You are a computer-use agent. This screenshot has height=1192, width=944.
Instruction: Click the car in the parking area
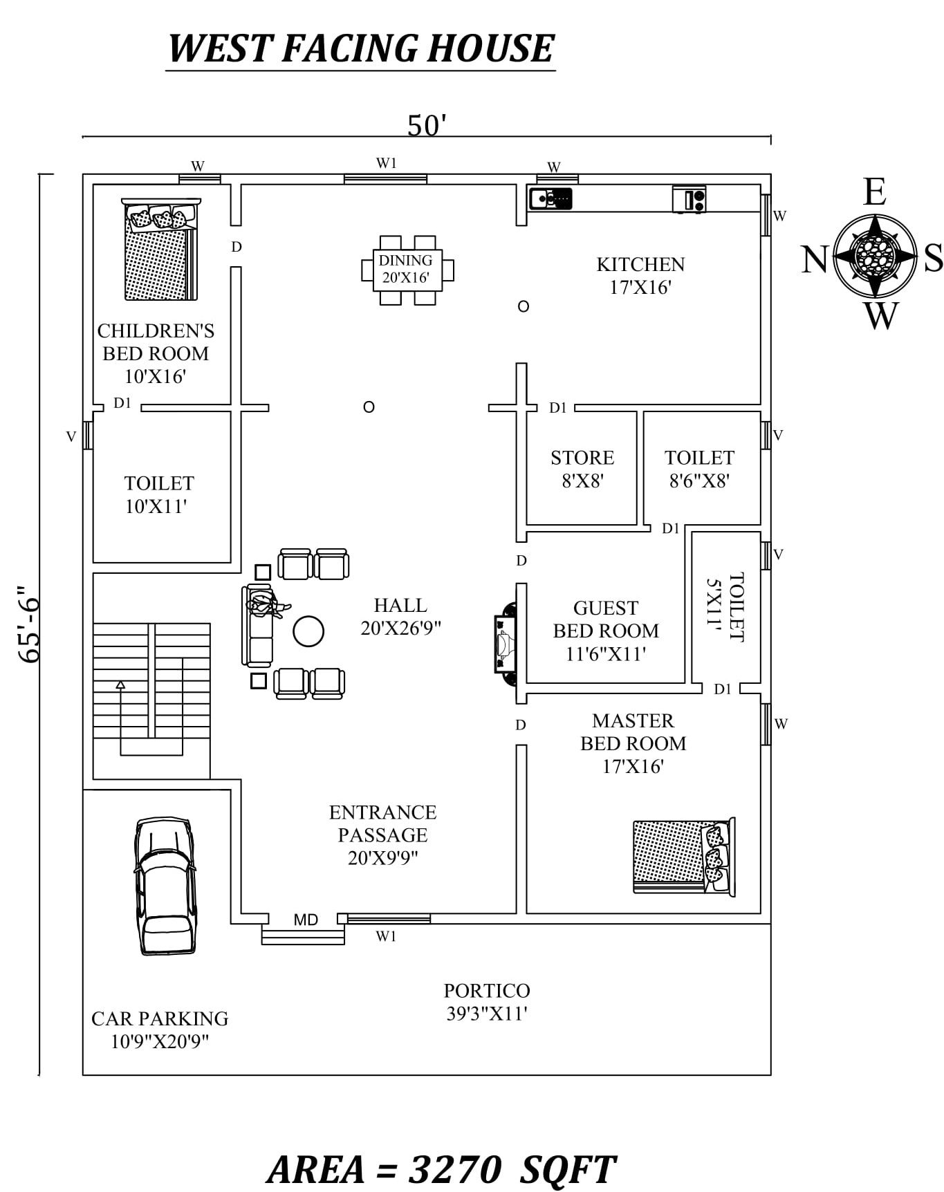point(165,886)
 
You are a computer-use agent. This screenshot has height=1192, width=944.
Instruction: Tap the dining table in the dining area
point(407,270)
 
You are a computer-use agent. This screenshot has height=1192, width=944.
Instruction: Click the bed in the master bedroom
point(684,856)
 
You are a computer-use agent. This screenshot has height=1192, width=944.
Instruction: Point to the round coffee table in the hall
point(308,631)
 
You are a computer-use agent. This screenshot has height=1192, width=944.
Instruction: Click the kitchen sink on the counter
point(550,198)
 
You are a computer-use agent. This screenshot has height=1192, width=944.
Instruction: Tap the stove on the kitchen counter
point(690,199)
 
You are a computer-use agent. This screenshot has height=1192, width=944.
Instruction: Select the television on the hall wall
point(504,644)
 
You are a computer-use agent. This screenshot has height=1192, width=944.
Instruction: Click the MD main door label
point(306,920)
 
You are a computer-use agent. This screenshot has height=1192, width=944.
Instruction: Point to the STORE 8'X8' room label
point(582,469)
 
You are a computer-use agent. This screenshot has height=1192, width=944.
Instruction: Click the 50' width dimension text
point(427,126)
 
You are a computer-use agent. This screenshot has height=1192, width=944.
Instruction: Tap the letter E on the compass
point(875,192)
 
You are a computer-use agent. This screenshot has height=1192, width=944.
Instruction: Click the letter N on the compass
point(815,259)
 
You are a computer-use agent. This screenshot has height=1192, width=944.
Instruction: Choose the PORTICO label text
point(487,990)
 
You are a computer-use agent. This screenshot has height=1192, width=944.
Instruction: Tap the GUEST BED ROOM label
point(606,620)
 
